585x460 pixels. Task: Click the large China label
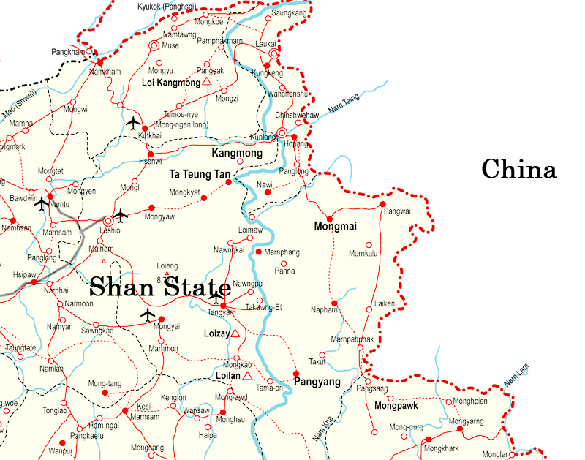coord(519,170)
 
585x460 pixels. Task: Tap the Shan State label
coord(160,287)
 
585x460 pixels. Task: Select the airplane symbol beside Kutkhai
coord(133,122)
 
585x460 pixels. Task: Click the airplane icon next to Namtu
coord(42,203)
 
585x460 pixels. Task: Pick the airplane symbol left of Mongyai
coord(148,314)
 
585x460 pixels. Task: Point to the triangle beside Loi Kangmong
coord(207,83)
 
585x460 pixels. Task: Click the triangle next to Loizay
coord(235,333)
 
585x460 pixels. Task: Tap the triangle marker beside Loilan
coord(247,376)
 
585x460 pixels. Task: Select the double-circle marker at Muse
coord(154,45)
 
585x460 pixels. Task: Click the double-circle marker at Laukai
coord(273,53)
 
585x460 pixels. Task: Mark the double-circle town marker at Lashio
coord(108,219)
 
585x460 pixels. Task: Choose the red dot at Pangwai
coord(382,204)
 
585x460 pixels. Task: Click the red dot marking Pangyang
coord(296,374)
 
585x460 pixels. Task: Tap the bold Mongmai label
coord(335,227)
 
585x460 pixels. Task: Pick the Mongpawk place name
coord(396,405)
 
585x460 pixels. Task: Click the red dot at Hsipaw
coord(34,281)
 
